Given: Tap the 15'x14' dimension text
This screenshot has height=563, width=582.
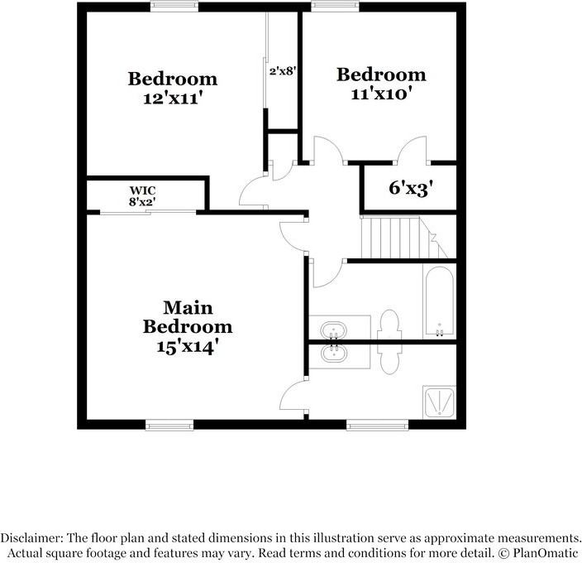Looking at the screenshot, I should pos(188,347).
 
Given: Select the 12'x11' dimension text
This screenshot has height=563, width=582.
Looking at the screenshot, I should pos(172,97).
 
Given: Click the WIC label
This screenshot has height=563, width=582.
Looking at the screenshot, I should pos(142,190).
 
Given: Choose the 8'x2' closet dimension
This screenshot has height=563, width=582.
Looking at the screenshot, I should pos(142,201).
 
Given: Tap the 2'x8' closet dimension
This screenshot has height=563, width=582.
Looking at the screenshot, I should pos(283,71).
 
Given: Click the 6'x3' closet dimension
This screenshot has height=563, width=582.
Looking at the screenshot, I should pos(411,188).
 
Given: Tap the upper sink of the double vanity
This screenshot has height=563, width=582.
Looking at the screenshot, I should pos(334,329).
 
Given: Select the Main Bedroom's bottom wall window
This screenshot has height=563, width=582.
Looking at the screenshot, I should pos(169,426).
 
